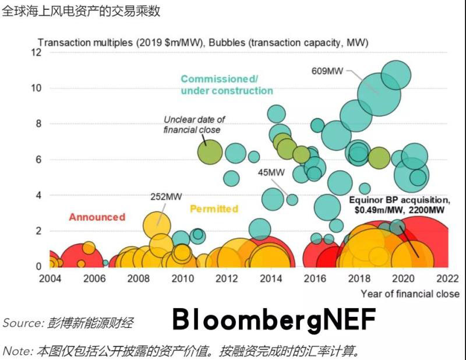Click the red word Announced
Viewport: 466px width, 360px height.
click(97, 217)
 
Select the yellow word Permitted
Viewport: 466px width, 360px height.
click(214, 209)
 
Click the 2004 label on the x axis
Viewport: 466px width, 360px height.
click(50, 278)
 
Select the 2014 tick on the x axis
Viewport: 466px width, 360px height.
click(270, 278)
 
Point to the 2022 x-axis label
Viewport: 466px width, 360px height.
click(447, 278)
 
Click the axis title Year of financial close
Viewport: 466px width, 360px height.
click(409, 294)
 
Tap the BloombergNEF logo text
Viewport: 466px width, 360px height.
click(274, 319)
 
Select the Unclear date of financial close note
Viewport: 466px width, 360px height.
click(194, 124)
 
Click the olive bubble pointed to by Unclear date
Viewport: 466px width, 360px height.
click(210, 152)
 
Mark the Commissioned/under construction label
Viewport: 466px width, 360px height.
click(227, 84)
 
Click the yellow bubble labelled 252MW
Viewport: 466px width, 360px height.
click(156, 224)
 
